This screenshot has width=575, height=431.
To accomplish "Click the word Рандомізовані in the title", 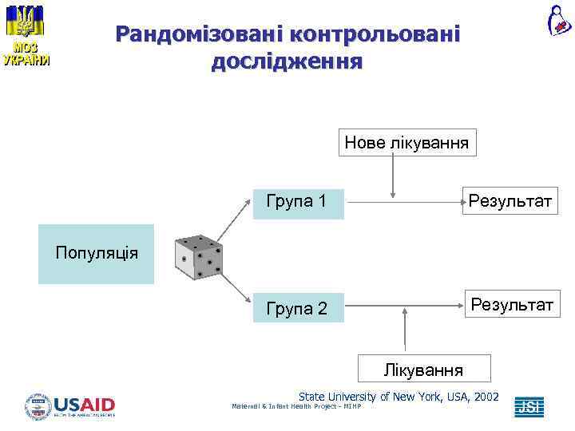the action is [x=200, y=34].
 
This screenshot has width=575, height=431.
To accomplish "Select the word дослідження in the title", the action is [x=287, y=61].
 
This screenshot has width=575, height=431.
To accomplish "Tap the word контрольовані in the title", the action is [x=375, y=34].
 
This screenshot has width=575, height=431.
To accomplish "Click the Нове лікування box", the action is [x=406, y=144].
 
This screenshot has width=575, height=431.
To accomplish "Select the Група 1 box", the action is [x=295, y=201].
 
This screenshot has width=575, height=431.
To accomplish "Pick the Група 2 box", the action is [x=295, y=308].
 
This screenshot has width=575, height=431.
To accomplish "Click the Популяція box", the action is [x=96, y=254].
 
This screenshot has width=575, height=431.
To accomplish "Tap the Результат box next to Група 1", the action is [x=510, y=200].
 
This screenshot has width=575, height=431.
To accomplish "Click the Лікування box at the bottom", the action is [x=423, y=370].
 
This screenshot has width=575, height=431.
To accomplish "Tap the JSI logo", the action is [x=529, y=407].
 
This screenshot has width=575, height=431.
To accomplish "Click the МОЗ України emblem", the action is [x=26, y=34].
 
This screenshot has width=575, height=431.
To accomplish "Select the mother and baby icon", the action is [x=557, y=20].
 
